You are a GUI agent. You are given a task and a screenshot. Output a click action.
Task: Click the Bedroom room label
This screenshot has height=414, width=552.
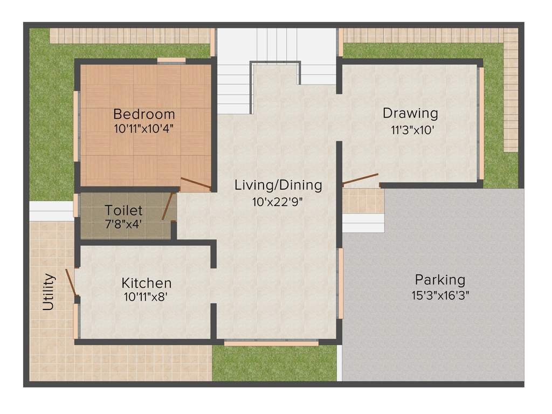(144, 114)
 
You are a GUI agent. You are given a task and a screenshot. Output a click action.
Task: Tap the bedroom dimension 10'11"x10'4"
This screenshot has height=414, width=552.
(143, 129)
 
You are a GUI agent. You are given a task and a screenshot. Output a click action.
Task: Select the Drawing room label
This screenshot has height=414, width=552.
(410, 114)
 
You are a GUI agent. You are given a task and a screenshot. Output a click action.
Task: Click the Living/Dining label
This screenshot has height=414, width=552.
(278, 185)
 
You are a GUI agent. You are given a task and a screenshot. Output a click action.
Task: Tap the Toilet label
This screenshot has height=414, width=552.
(123, 210)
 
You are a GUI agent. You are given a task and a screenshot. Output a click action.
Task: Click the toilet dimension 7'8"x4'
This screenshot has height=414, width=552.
(124, 225)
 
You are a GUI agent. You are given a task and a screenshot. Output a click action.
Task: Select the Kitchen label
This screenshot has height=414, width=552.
(147, 283)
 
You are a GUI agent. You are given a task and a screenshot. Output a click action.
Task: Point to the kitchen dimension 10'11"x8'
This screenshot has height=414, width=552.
(147, 296)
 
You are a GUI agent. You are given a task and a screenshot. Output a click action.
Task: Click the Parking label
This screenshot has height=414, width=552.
(440, 280)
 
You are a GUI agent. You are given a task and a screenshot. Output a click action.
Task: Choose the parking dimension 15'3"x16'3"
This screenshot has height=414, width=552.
(440, 295)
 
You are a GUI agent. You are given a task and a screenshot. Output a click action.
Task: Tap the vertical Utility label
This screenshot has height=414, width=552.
(49, 292)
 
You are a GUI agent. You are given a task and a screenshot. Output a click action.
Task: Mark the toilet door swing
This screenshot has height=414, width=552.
(168, 206)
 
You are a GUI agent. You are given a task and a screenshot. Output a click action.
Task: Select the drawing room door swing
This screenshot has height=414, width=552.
(360, 180)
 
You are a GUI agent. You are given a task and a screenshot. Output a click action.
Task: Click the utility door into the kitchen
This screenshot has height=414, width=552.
(71, 282)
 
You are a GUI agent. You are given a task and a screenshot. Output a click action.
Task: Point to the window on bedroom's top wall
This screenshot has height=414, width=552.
(171, 60)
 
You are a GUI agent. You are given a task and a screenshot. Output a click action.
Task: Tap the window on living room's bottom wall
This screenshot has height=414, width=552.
(271, 342)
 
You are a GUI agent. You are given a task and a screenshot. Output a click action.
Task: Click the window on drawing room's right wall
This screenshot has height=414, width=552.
(481, 123)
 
